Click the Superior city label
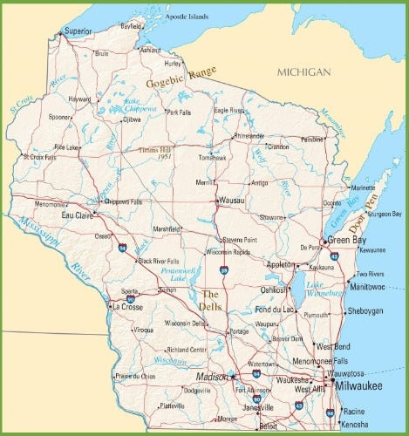[78, 31]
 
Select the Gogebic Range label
[181, 80]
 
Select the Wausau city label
[232, 201]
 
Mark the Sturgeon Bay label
[385, 214]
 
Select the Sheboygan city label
[365, 310]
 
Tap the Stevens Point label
[239, 239]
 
